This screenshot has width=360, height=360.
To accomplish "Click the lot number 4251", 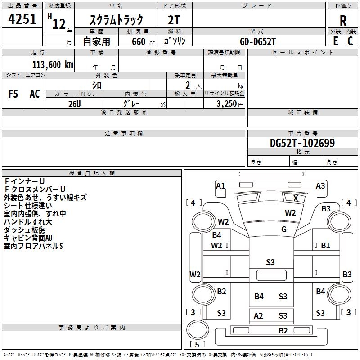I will coord(22,20).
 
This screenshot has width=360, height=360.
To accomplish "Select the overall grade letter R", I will coord(343,20).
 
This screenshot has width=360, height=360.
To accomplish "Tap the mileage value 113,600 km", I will coord(53,64).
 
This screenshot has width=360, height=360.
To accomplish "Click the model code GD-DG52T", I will coord(258,41).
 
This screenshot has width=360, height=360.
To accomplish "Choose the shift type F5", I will coord(13,94).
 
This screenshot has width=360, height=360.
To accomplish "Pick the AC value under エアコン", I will coord(35,94).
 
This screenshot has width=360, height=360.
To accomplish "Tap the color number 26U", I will coord(74,103).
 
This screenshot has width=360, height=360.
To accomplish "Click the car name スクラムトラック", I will coord(117,20).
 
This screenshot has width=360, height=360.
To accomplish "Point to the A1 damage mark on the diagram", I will coord(220,185).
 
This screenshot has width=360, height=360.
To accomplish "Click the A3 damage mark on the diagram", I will coord(320,185).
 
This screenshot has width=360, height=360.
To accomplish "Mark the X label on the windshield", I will coord(296,198).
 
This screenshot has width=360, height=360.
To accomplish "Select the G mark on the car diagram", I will coord(284,229).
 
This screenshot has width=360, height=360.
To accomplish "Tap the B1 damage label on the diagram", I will coord(326,245).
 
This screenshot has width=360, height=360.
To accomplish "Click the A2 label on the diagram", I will coord(258,316).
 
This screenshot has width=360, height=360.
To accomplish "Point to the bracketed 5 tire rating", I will coord(197,344).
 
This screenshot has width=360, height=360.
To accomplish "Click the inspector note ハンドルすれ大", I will coord(28,222).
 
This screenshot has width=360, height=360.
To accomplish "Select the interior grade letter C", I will coord(350,41).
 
